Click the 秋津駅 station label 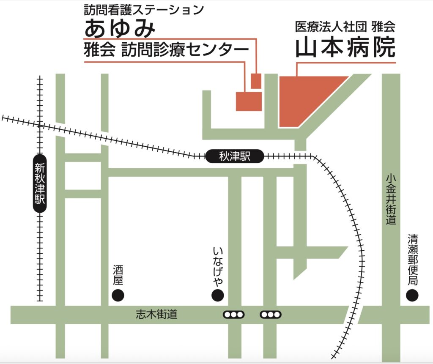[x=235, y=157]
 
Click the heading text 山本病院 [x=345, y=47]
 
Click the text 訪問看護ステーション [x=144, y=9]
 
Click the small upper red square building [x=256, y=80]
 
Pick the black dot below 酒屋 [x=118, y=295]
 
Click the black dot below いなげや [x=218, y=295]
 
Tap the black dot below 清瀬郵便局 [x=412, y=295]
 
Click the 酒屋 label [x=118, y=275]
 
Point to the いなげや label [x=218, y=265]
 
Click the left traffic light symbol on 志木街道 [x=234, y=315]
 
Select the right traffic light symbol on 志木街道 [x=271, y=315]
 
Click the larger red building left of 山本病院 [x=249, y=101]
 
